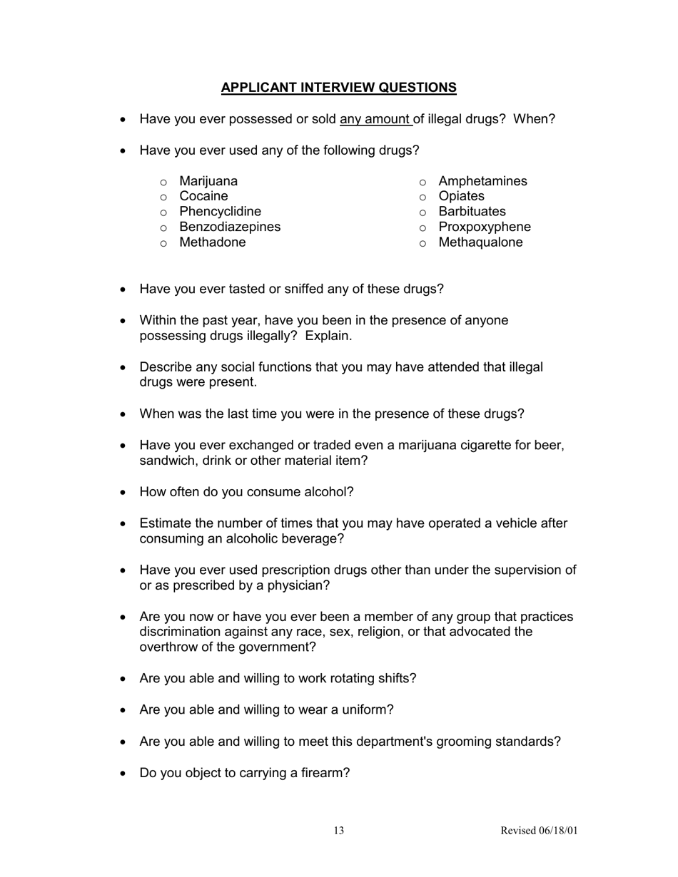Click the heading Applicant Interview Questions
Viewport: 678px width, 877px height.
click(x=338, y=88)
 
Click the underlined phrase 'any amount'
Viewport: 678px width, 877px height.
click(x=375, y=119)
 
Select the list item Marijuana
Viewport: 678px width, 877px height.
click(x=208, y=181)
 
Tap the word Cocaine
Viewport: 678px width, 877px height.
click(x=203, y=196)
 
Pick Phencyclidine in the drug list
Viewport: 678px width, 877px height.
click(x=220, y=212)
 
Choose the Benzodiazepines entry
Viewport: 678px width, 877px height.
click(x=230, y=227)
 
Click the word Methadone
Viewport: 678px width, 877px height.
click(x=212, y=242)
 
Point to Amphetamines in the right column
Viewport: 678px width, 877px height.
click(x=482, y=181)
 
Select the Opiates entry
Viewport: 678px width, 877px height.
click(x=461, y=196)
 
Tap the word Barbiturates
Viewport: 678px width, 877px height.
click(x=472, y=212)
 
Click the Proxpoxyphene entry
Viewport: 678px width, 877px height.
click(x=485, y=227)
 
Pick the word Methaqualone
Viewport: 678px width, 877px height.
click(x=480, y=242)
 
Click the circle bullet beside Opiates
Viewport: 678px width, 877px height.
click(x=423, y=197)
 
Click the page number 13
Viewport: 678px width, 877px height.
click(x=338, y=831)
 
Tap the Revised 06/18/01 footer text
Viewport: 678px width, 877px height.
click(x=539, y=831)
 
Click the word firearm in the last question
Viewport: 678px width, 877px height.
click(x=325, y=773)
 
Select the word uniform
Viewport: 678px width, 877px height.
click(x=369, y=710)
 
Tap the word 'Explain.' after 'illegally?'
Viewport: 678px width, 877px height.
click(x=328, y=336)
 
